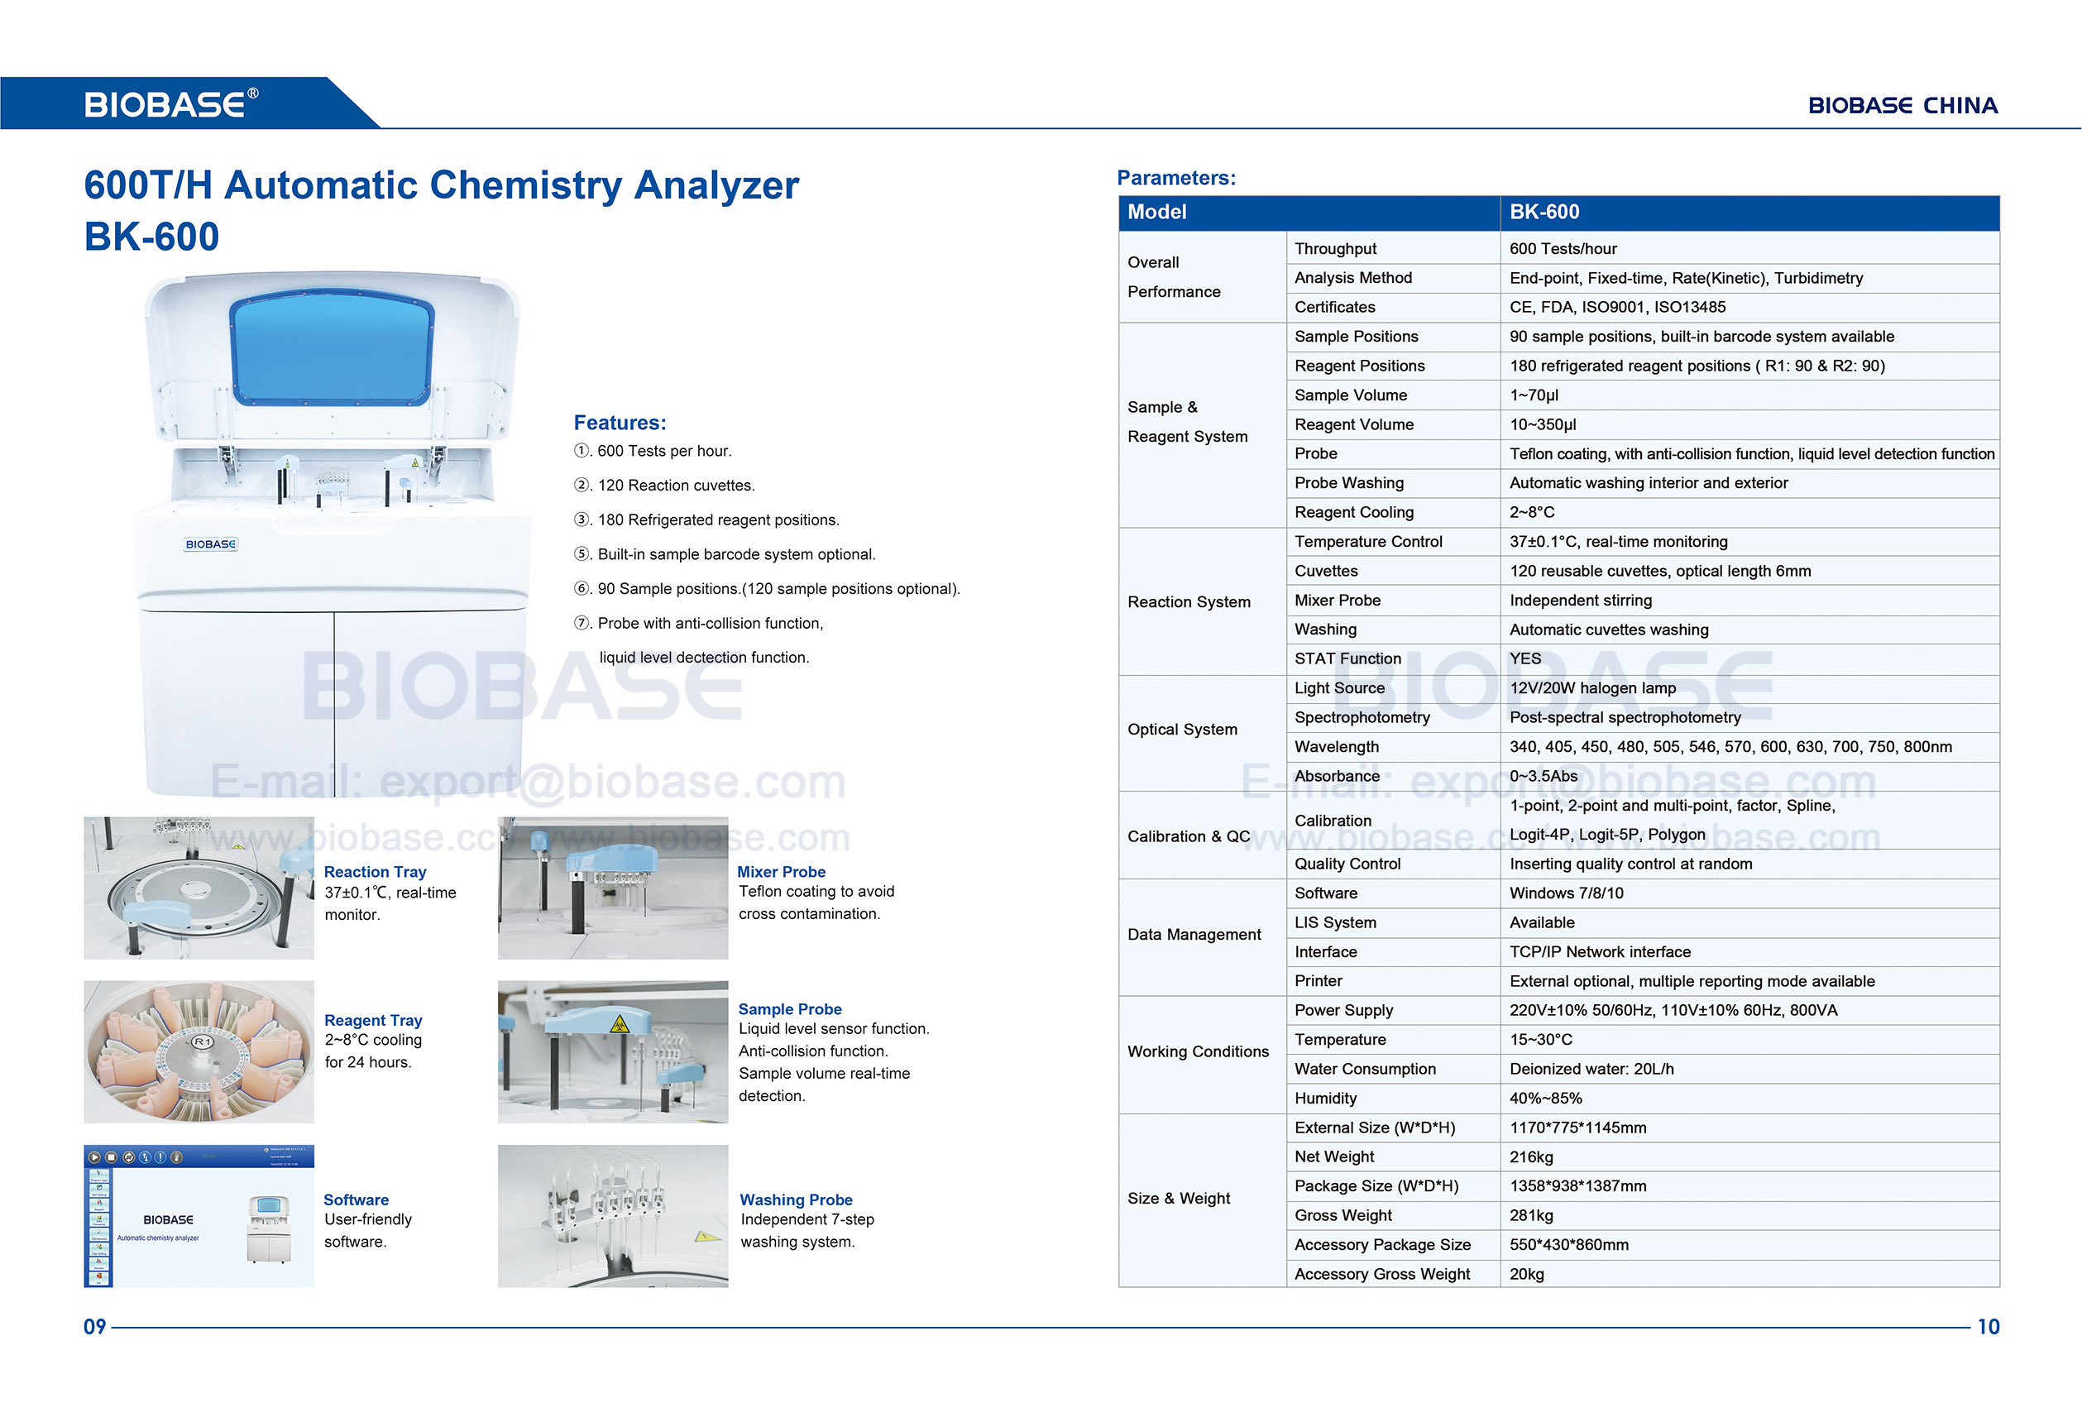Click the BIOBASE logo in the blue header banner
(170, 104)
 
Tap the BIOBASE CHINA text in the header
(1902, 106)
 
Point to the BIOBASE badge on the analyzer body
(211, 543)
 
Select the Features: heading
(619, 422)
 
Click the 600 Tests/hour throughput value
(1563, 249)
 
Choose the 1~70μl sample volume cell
(1533, 395)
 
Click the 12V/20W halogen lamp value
(1592, 688)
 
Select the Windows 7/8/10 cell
(1565, 893)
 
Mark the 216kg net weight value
(1531, 1156)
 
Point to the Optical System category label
(1182, 730)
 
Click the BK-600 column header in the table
(1544, 213)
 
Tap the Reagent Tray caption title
(373, 1020)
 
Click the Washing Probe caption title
(796, 1199)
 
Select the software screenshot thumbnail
(199, 1215)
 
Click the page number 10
(1988, 1326)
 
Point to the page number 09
(94, 1326)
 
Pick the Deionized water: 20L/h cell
(1591, 1069)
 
